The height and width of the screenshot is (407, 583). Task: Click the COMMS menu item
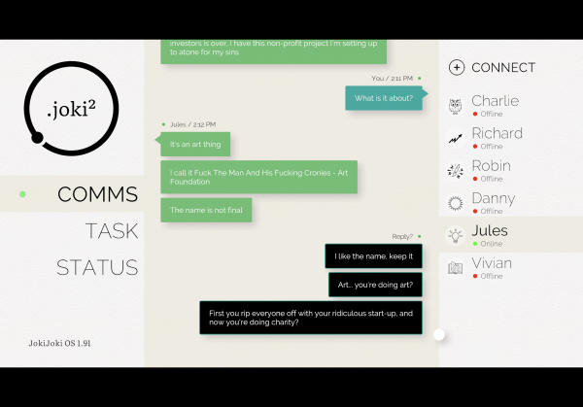[x=97, y=194]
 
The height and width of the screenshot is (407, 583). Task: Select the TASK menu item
[x=111, y=231]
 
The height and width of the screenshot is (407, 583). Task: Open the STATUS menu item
[x=97, y=267]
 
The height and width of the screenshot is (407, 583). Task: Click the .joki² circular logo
[x=75, y=109]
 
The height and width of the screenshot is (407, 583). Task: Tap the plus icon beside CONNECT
[x=457, y=67]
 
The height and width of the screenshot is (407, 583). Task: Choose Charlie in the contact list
[x=495, y=105]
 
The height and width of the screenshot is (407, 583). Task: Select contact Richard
[x=497, y=137]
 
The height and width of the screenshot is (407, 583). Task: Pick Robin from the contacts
[x=491, y=170]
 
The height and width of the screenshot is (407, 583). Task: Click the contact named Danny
[x=493, y=202]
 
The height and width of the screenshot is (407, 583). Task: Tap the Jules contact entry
[x=490, y=234]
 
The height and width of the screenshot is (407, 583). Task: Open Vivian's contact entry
[x=491, y=267]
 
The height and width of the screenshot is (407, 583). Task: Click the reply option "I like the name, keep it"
[x=373, y=256]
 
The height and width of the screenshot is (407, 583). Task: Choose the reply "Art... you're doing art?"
[x=375, y=285]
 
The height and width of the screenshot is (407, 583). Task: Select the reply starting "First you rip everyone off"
[x=311, y=318]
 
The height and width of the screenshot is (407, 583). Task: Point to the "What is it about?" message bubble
[x=384, y=98]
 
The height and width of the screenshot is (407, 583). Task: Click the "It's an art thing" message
[x=195, y=144]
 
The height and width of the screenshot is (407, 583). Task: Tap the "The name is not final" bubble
[x=206, y=210]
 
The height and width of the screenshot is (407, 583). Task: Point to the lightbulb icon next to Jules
[x=455, y=235]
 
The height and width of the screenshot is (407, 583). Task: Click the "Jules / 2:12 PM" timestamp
[x=192, y=124]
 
